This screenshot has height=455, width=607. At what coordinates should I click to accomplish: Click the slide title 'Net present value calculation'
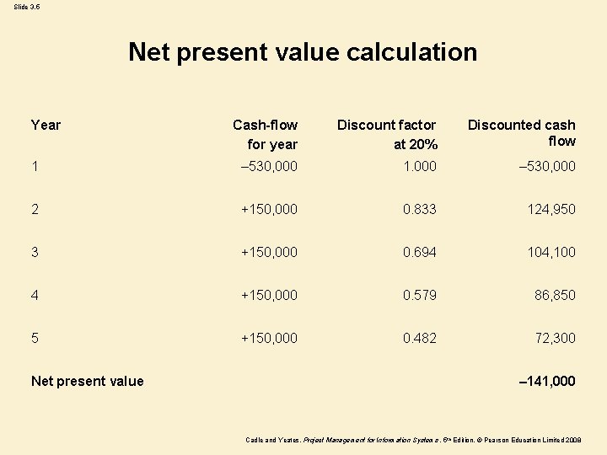coord(303,52)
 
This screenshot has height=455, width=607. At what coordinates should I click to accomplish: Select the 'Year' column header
coord(46,125)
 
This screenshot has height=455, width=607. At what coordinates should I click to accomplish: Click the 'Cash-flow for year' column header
coord(266,135)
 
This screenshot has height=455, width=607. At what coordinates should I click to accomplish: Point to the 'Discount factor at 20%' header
coord(387,135)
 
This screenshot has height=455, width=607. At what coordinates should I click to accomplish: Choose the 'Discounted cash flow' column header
coord(522,133)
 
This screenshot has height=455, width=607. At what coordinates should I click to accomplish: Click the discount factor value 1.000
coord(419,166)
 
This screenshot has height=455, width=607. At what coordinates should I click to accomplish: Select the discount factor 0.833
coord(419,209)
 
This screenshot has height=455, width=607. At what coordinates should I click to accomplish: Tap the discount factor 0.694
coord(419,252)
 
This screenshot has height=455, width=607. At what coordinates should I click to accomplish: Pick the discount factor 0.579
coord(419,295)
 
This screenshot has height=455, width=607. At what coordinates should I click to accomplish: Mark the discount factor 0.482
coord(419,338)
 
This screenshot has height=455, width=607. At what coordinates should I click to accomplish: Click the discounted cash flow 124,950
coord(551,209)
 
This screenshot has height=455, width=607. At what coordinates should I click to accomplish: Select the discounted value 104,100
coord(551,252)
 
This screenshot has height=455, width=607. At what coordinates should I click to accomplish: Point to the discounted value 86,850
coord(556,295)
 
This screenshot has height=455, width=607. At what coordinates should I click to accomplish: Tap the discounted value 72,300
coord(556,338)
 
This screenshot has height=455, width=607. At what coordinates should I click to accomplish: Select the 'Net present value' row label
coord(87,381)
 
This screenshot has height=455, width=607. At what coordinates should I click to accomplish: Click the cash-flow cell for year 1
coord(269,166)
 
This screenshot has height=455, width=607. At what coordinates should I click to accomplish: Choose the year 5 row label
coord(35,338)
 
